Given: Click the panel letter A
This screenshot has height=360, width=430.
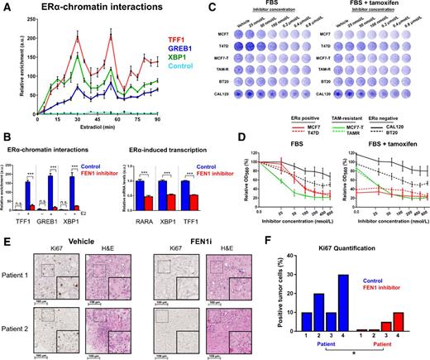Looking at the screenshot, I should click(x=7, y=7).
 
